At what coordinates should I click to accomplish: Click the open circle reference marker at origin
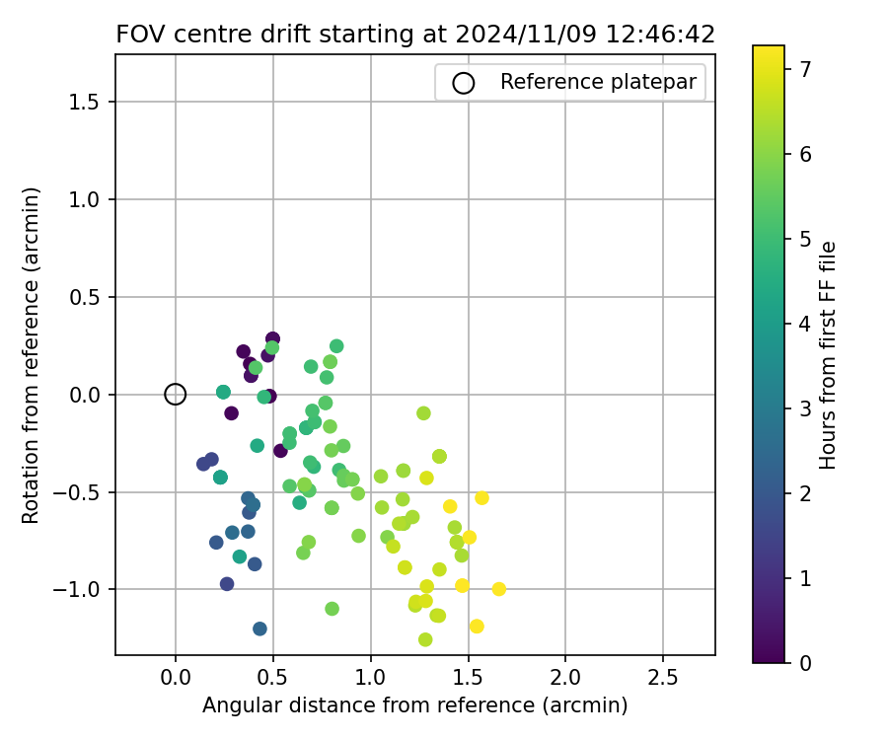point(176,395)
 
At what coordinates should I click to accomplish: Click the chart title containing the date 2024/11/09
point(415,35)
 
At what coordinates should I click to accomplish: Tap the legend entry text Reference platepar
point(598,82)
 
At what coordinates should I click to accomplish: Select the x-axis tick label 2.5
point(663,679)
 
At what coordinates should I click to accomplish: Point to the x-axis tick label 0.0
point(176,679)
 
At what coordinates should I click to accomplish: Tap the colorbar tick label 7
point(805,69)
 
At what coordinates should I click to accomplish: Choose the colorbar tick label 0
point(805,662)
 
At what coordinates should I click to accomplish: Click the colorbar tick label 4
point(805,324)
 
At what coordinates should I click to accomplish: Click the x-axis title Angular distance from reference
point(415,705)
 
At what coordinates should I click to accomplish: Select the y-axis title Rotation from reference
point(31,355)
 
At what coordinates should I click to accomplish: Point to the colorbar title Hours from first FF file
point(829,355)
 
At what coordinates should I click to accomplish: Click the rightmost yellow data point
point(499,589)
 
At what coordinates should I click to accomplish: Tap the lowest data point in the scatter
point(425,639)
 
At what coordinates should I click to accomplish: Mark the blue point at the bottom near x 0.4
point(259,629)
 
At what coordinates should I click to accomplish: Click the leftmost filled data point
point(203,464)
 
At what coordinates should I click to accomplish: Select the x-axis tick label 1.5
point(468,679)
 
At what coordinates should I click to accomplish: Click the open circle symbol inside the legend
point(464,83)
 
